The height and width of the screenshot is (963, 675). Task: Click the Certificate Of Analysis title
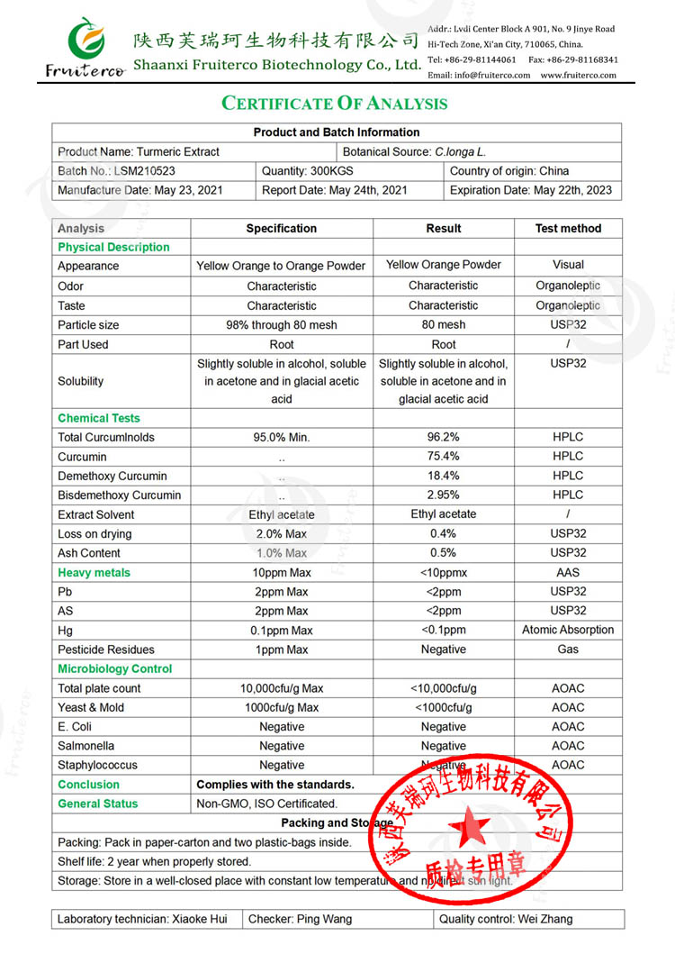pyautogui.click(x=335, y=103)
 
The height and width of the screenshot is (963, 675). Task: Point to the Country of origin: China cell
pyautogui.click(x=509, y=171)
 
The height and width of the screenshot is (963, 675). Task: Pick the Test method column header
pyautogui.click(x=568, y=229)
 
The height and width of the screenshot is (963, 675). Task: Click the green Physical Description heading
pyautogui.click(x=113, y=247)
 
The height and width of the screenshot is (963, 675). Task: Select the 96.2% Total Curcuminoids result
pyautogui.click(x=443, y=437)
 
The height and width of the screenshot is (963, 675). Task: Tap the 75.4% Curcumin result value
pyautogui.click(x=443, y=457)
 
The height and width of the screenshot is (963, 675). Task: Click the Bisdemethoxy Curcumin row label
pyautogui.click(x=119, y=495)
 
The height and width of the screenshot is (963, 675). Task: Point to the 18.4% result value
pyautogui.click(x=443, y=476)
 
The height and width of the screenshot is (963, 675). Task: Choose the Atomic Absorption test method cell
pyautogui.click(x=568, y=630)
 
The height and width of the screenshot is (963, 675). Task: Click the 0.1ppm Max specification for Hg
pyautogui.click(x=282, y=631)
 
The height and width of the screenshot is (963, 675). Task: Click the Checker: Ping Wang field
pyautogui.click(x=300, y=919)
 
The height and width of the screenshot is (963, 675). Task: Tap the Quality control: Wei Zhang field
pyautogui.click(x=506, y=919)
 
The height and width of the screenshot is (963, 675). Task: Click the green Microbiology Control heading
pyautogui.click(x=114, y=669)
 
